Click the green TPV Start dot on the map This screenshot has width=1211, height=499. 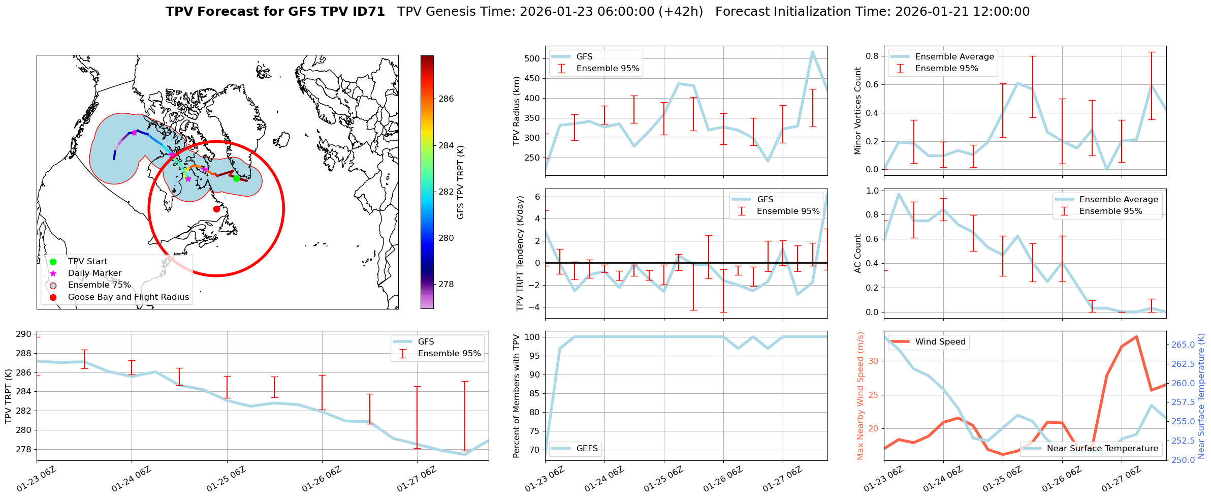(236, 178)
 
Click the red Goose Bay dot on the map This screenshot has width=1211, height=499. (216, 209)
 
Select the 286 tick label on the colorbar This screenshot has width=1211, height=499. (446, 99)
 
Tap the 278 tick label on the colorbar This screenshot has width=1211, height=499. (446, 284)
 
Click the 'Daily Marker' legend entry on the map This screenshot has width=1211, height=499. (94, 273)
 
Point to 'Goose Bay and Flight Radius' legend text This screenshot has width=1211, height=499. (128, 297)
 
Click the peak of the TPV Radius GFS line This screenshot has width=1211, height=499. (812, 51)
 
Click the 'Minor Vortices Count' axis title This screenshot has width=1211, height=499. (858, 111)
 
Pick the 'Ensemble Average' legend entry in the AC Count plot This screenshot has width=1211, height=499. (1119, 199)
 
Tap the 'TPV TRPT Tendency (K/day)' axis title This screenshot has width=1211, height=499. (520, 254)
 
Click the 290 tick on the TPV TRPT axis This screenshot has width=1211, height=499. (23, 334)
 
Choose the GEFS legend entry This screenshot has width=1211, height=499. (587, 448)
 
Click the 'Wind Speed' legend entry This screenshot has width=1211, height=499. (940, 342)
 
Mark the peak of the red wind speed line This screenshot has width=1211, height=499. (1136, 336)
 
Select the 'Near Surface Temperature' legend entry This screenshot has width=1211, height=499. (1102, 448)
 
